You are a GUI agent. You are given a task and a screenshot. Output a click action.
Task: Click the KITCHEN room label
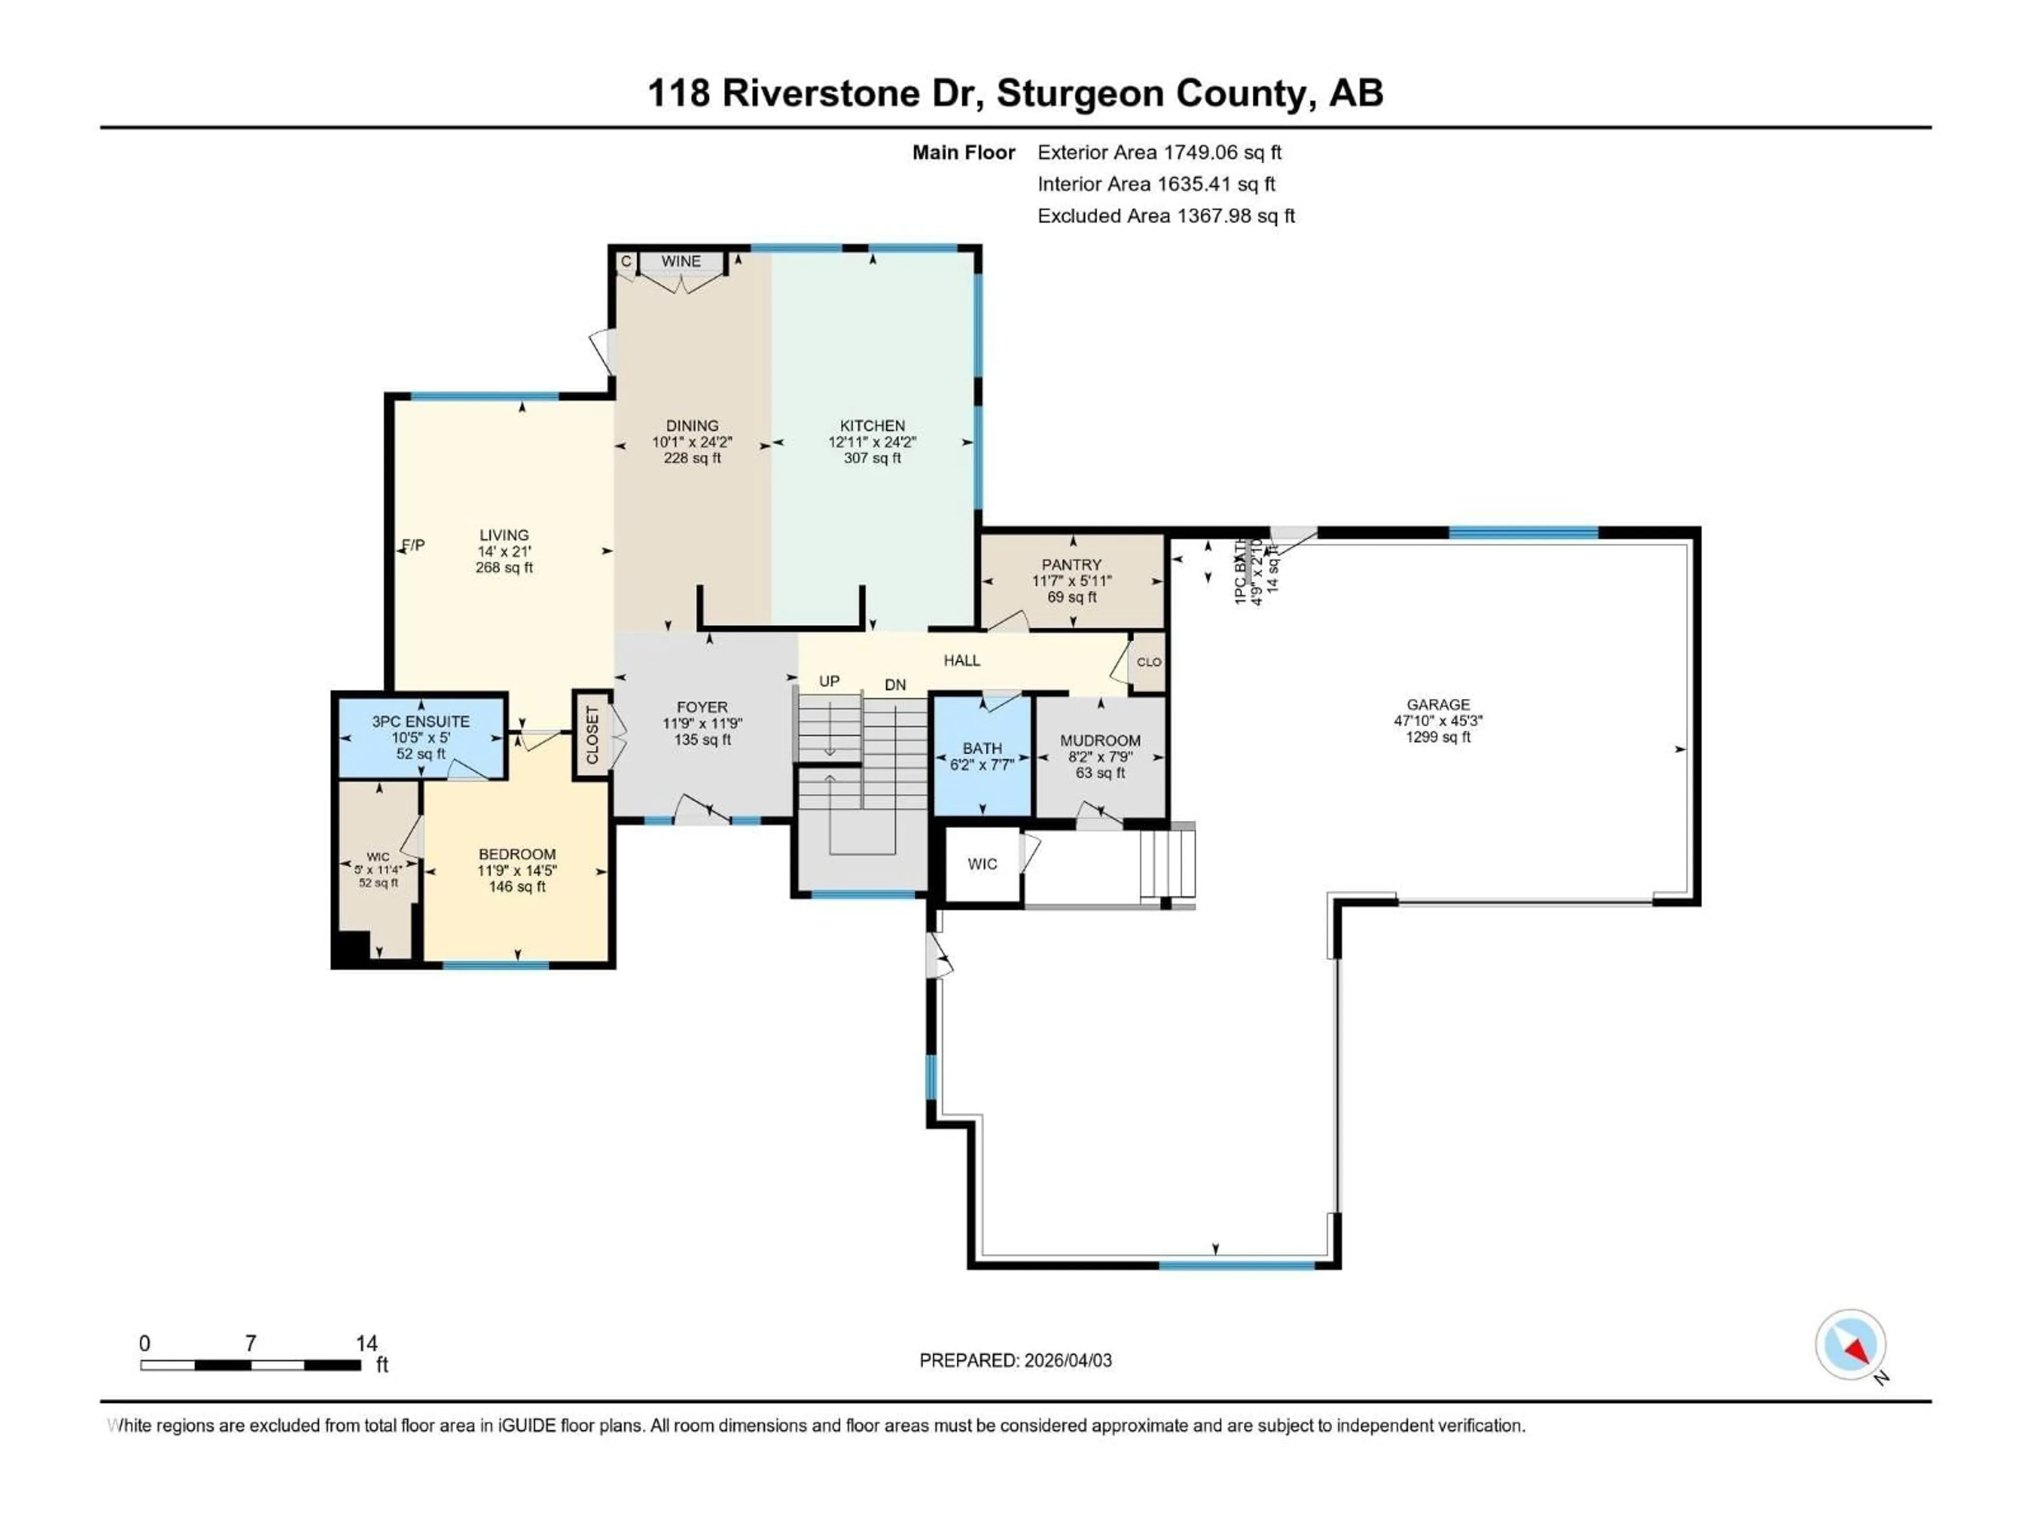871,426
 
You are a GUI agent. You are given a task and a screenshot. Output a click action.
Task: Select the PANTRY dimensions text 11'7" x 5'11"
1072,581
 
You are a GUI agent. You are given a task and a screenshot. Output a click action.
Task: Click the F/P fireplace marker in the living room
413,545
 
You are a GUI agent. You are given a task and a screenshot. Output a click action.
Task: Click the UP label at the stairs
829,681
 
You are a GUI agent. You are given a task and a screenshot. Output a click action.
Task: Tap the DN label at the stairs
895,685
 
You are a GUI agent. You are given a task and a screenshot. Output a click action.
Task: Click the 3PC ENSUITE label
421,722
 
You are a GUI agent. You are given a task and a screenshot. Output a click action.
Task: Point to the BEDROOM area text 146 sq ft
517,887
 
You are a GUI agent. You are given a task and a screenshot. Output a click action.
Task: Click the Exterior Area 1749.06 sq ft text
1159,152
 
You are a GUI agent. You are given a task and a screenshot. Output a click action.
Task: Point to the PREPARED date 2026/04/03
1066,1360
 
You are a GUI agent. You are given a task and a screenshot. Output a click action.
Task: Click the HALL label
961,660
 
